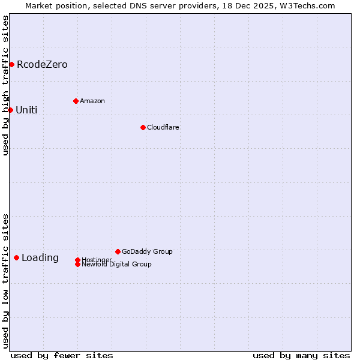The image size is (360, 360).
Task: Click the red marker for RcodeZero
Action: click(11, 64)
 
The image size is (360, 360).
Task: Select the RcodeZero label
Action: click(42, 65)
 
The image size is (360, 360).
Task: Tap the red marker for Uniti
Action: click(10, 110)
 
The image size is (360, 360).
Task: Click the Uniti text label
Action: click(26, 110)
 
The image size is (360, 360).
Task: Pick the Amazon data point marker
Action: click(76, 101)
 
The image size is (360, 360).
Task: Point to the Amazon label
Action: click(92, 101)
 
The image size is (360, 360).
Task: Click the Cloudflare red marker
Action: click(143, 127)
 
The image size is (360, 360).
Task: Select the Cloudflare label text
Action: click(163, 127)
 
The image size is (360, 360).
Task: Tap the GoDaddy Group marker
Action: click(118, 251)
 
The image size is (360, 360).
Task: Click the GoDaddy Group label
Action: click(147, 251)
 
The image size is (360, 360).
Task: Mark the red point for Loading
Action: click(16, 257)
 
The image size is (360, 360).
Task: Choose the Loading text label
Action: click(40, 258)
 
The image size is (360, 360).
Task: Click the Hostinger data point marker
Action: click(77, 260)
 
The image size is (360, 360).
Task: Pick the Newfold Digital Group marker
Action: click(77, 264)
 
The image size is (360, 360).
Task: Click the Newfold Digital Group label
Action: click(117, 265)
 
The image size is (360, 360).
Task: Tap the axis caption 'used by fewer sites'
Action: click(62, 355)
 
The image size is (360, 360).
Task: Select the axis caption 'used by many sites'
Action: click(301, 355)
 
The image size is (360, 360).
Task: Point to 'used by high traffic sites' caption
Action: click(5, 85)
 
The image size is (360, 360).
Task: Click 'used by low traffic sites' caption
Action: click(5, 281)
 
